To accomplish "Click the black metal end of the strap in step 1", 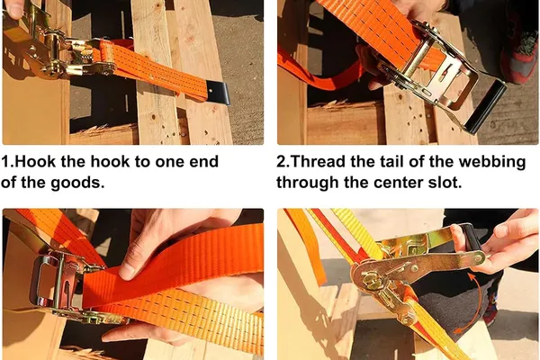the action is point(219,93).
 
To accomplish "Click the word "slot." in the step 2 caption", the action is point(445,182).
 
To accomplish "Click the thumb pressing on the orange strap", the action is point(129,265).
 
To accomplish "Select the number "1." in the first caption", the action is point(7,162).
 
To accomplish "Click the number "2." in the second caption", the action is point(283,162).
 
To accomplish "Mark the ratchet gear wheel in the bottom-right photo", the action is point(368,278).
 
